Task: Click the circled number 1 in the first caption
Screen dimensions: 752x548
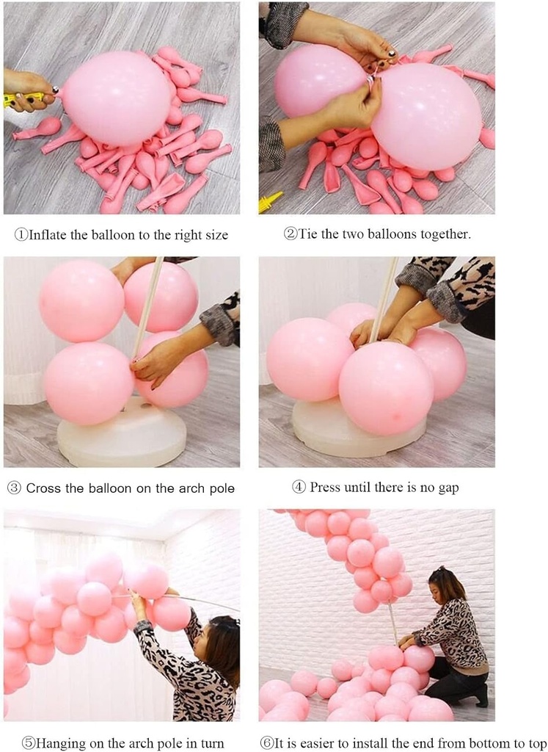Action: [21, 235]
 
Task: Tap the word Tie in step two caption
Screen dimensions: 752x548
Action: [307, 234]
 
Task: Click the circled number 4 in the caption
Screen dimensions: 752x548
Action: [299, 488]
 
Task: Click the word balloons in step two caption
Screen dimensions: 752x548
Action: [397, 234]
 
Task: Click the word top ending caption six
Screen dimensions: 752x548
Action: [536, 744]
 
